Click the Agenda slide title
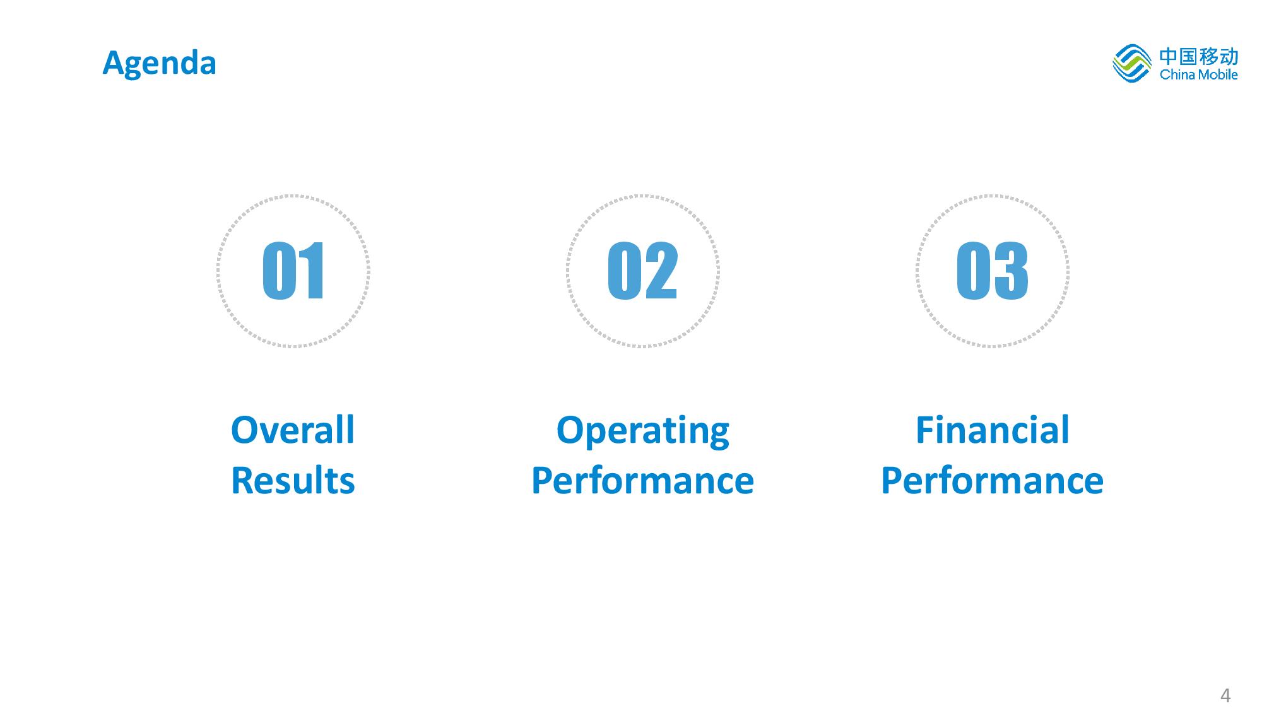pyautogui.click(x=159, y=64)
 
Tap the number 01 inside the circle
pyautogui.click(x=293, y=271)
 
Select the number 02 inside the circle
pyautogui.click(x=642, y=271)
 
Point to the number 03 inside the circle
pyautogui.click(x=992, y=271)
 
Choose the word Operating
pyautogui.click(x=642, y=432)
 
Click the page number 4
pyautogui.click(x=1225, y=696)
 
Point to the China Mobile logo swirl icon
pyautogui.click(x=1132, y=63)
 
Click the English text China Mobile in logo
pyautogui.click(x=1199, y=74)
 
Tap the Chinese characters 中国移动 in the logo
pyautogui.click(x=1199, y=56)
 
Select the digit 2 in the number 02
pyautogui.click(x=661, y=271)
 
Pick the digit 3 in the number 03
pyautogui.click(x=1011, y=271)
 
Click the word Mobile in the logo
pyautogui.click(x=1218, y=74)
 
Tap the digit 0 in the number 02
pyautogui.click(x=624, y=271)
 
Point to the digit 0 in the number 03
pyautogui.click(x=974, y=271)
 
